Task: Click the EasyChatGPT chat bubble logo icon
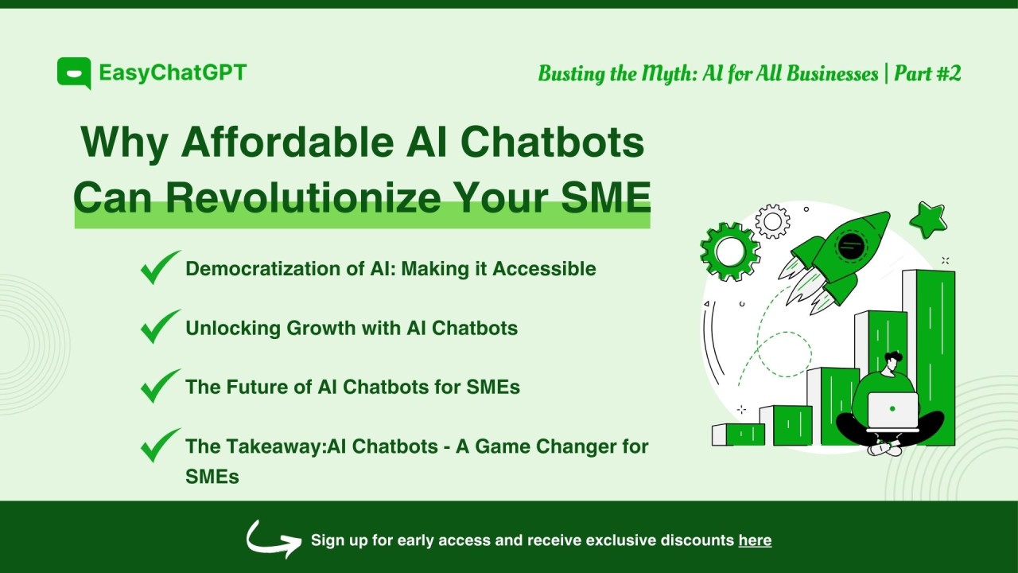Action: click(x=73, y=73)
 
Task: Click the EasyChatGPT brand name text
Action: click(x=173, y=73)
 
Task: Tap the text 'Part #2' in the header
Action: click(x=927, y=74)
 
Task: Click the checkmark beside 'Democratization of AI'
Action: click(x=160, y=268)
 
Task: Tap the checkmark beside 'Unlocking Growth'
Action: click(x=160, y=327)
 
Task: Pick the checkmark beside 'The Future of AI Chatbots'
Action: click(x=160, y=386)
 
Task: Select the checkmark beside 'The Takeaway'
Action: click(x=160, y=446)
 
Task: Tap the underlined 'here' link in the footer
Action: click(x=755, y=540)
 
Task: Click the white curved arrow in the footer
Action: click(x=273, y=539)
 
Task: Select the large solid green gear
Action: click(x=729, y=251)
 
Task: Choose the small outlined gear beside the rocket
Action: click(x=772, y=221)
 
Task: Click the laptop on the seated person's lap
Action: click(x=892, y=411)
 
